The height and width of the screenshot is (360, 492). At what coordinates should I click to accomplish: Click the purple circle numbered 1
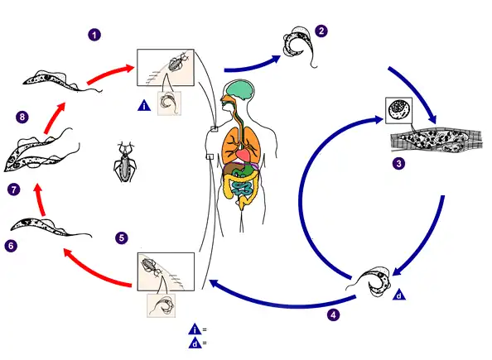[94, 35]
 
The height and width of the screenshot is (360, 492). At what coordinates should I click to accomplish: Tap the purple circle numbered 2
[321, 31]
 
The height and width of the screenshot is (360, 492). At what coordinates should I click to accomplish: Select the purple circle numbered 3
[398, 163]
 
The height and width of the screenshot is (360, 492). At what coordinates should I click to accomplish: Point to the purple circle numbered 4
[333, 314]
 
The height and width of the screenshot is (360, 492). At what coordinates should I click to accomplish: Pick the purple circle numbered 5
[122, 238]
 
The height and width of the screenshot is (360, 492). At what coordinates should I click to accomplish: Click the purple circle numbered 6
[11, 246]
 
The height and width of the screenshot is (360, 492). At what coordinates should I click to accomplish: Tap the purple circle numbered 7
[13, 190]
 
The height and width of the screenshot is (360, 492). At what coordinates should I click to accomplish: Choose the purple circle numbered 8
[22, 118]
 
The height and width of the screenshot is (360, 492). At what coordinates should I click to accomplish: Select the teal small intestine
[241, 189]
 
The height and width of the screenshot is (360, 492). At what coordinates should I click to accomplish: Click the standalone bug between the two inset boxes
[125, 162]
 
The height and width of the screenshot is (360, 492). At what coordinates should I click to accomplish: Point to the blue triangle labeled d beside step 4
[398, 295]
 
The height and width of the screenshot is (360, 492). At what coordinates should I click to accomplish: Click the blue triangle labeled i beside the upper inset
[144, 105]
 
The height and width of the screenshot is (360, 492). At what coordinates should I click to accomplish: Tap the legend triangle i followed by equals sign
[197, 329]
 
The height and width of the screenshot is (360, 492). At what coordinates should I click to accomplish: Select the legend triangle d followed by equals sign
[197, 343]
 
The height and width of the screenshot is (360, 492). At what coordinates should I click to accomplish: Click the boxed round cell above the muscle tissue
[398, 110]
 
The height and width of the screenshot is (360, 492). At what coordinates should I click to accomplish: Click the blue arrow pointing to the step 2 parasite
[253, 65]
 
